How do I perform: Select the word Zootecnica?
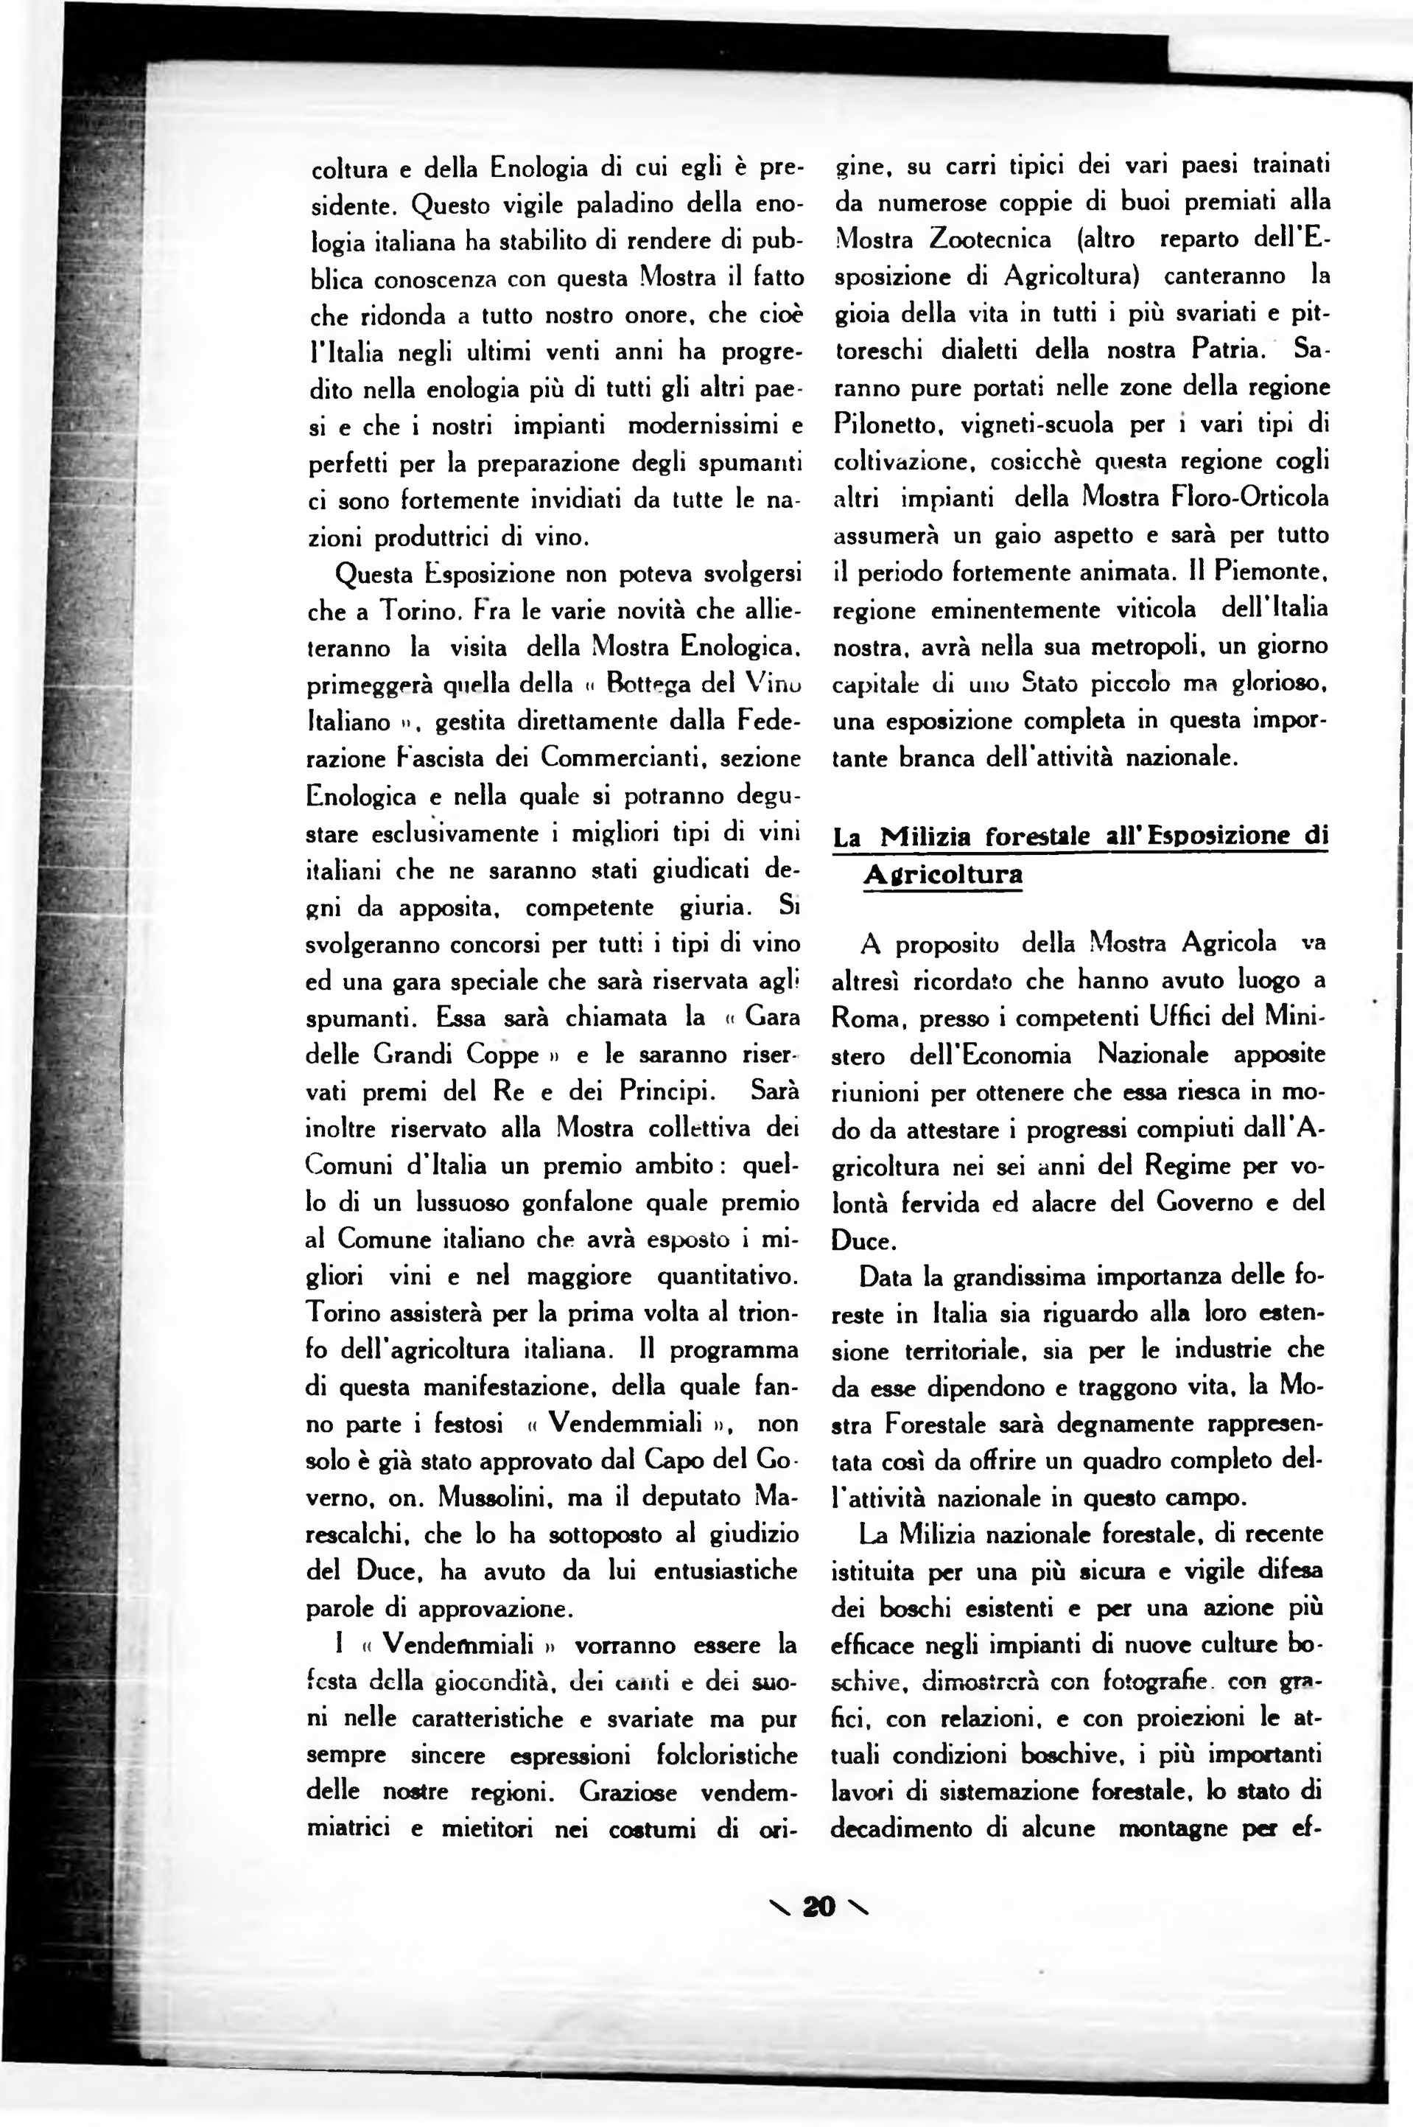click(x=989, y=240)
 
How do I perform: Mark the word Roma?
click(x=867, y=1018)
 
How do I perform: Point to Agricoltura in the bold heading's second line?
click(x=942, y=874)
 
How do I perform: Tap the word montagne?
click(x=1174, y=1829)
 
